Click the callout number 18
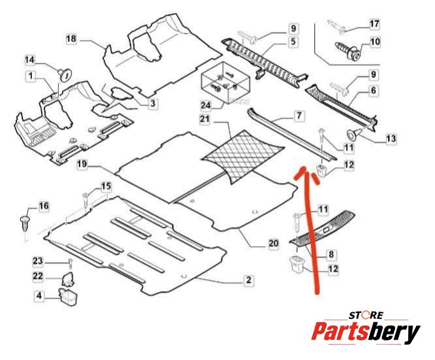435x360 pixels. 71,39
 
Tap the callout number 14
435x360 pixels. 29,59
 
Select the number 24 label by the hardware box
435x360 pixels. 206,105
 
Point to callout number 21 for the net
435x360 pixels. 205,120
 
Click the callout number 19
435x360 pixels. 82,164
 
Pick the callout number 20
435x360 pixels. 273,244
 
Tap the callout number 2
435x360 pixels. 249,280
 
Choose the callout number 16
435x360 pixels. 43,206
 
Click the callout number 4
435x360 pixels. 39,295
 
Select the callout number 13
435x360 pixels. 391,139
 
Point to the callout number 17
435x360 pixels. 374,24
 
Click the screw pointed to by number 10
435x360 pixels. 348,51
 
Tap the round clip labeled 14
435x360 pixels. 65,74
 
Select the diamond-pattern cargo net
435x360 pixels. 243,156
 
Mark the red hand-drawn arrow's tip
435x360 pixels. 302,168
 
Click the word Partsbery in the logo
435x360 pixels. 366,332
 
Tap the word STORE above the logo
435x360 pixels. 366,316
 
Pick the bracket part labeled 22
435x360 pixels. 67,279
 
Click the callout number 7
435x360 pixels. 298,116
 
